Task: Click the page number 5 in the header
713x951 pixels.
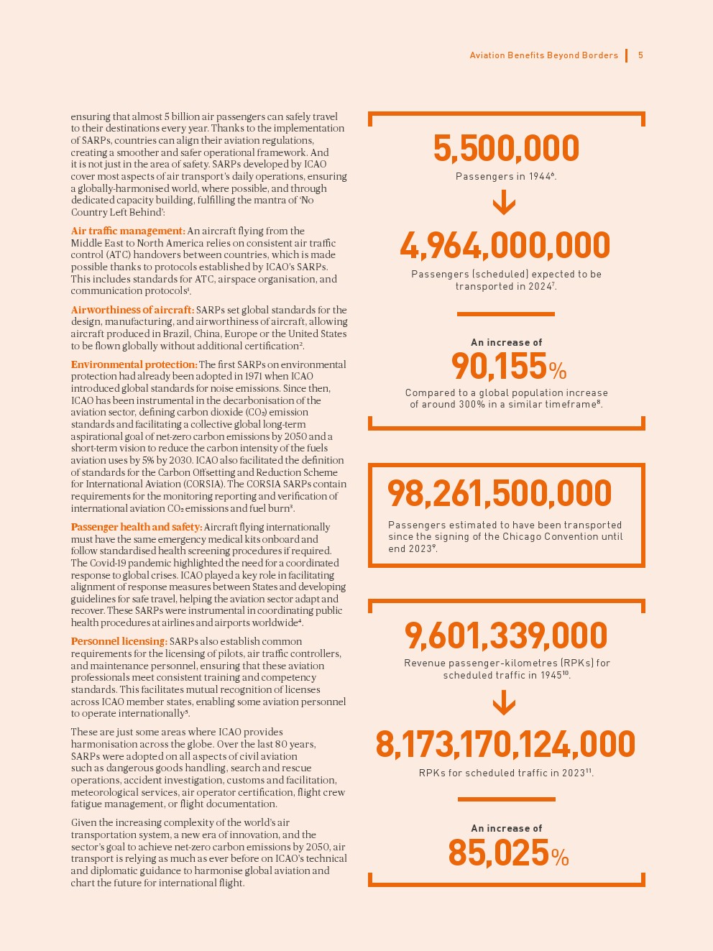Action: point(640,55)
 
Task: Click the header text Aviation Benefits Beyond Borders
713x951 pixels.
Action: point(543,55)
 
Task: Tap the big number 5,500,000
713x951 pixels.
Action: point(506,149)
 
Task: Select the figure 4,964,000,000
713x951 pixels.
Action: point(505,246)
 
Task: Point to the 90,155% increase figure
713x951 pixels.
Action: point(508,367)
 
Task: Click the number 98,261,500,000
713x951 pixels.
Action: point(500,494)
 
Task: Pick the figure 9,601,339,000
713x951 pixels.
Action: point(506,636)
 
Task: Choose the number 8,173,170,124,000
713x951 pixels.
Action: point(505,745)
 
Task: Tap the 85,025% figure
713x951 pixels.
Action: point(507,853)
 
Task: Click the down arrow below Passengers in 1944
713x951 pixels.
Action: point(505,202)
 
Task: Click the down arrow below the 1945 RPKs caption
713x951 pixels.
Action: point(505,702)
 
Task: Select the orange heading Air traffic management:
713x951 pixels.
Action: point(128,231)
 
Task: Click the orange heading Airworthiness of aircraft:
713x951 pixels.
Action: point(132,310)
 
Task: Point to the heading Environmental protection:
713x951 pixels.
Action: point(134,364)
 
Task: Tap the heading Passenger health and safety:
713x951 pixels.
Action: point(137,527)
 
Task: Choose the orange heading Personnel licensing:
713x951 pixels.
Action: point(119,641)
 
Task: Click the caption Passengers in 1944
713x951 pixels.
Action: point(505,176)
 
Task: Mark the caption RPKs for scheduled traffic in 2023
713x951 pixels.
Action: point(505,773)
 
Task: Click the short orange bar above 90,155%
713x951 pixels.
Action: point(505,314)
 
